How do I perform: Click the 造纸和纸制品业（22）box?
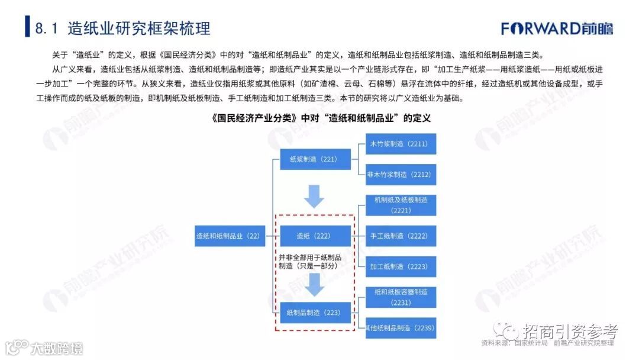[228, 236]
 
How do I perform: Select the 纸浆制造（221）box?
[314, 159]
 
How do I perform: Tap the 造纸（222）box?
[314, 236]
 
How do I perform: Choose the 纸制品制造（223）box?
[314, 312]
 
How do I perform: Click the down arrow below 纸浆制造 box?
[314, 196]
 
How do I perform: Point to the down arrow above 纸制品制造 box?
[314, 285]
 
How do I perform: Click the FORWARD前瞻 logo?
[557, 28]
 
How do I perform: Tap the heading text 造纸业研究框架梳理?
[139, 28]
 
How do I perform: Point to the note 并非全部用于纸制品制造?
[310, 262]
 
